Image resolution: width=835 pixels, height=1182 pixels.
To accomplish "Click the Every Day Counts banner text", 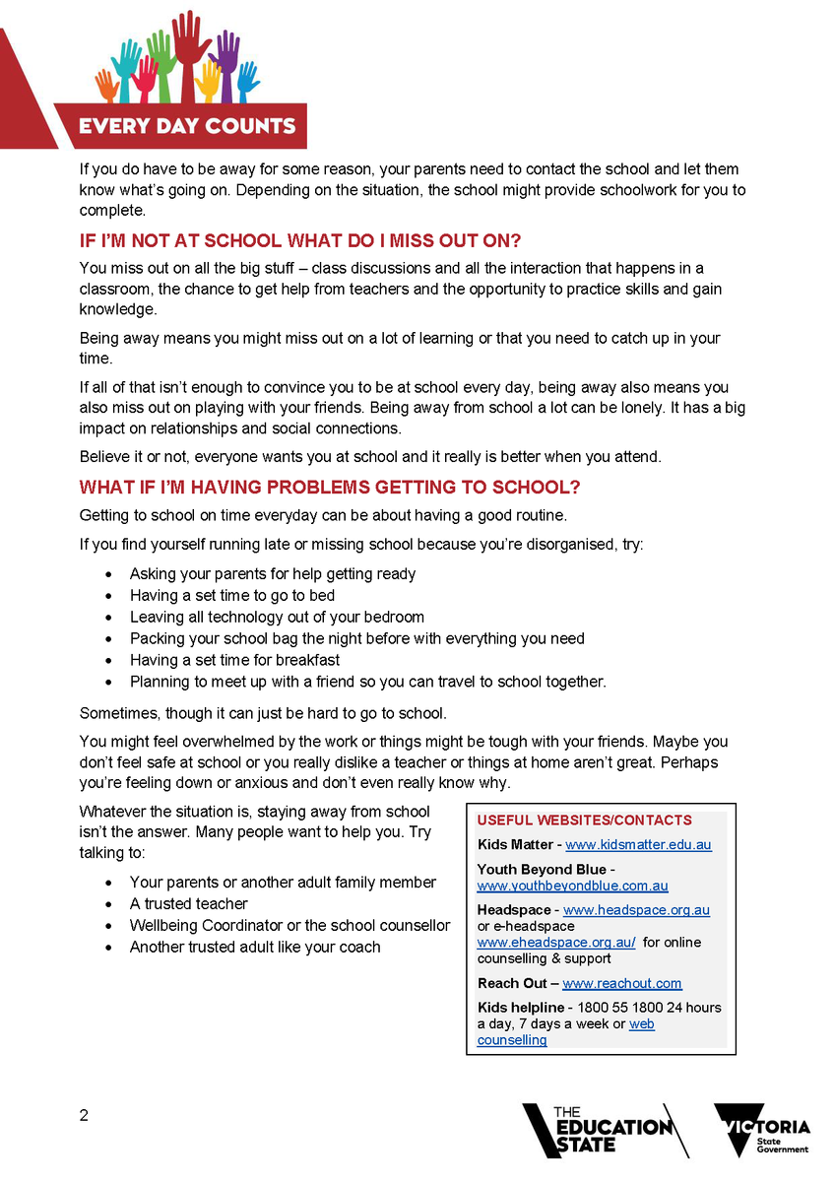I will coord(187,126).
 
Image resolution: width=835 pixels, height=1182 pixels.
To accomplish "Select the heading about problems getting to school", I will coord(330,488).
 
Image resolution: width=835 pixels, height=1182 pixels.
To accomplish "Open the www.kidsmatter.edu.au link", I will coord(638,845).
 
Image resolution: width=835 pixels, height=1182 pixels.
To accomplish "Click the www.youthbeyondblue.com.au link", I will coord(572,886).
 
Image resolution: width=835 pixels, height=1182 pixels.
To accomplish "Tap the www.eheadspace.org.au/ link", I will coord(556,943).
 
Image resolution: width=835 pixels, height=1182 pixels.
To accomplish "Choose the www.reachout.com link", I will coord(622,984).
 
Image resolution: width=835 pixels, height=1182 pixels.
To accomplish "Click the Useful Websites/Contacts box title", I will coord(585,821).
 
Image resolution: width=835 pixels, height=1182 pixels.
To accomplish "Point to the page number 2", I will coord(84,1116).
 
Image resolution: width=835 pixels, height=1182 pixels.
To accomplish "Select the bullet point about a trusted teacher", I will coord(189,904).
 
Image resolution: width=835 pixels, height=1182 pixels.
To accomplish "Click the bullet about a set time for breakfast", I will coord(235,660).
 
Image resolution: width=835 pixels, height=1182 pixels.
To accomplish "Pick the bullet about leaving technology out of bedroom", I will coord(277,617).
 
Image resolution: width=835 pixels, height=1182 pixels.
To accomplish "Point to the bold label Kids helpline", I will coord(521,1008).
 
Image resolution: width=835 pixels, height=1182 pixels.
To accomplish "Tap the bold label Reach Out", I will coord(511,984).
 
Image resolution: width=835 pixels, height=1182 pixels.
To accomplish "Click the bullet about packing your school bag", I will coord(356,638).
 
